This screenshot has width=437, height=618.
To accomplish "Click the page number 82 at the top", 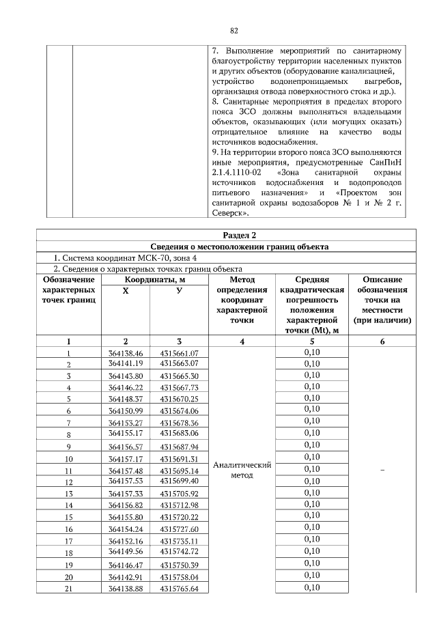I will coord(234,31).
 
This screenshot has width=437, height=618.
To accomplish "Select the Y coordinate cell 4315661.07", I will coord(179,353).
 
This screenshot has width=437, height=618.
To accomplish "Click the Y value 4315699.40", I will coord(179,481).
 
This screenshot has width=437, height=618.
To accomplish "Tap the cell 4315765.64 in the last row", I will coord(179,589).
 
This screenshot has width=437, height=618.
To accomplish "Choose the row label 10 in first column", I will coord(69,459).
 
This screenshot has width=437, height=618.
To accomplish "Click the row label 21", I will coord(69,589).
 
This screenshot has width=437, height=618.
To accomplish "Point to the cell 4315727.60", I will coord(179,529).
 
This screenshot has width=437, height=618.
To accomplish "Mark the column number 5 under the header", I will coord(311,341).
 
